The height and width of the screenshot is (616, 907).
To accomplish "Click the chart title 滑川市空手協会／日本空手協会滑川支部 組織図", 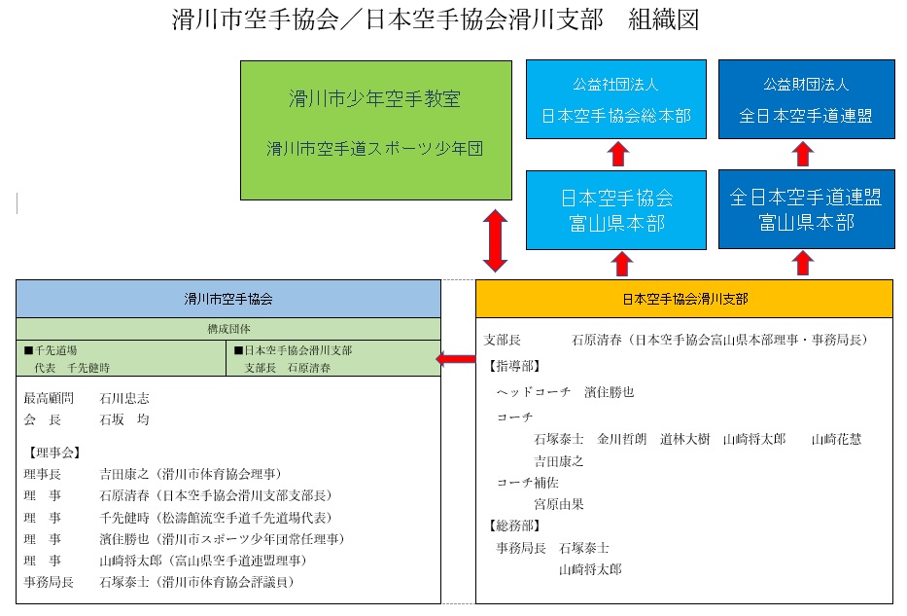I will [x=435, y=20].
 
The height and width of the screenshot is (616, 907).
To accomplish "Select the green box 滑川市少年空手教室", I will [x=376, y=130].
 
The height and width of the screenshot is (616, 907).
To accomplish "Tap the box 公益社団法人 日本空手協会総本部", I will [x=616, y=101].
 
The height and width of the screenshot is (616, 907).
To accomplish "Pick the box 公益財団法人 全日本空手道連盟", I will [x=806, y=101].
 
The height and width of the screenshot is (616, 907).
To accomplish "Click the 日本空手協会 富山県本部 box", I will [x=616, y=209].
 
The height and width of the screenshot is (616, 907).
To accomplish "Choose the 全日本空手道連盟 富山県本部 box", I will [x=806, y=209].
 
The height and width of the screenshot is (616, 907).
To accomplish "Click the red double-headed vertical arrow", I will [x=496, y=240].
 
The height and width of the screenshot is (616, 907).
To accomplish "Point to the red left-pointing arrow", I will [x=455, y=361].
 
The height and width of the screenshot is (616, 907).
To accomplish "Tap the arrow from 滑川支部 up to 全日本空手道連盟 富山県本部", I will [x=803, y=264].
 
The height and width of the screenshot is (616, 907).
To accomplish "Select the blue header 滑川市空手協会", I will [x=228, y=300].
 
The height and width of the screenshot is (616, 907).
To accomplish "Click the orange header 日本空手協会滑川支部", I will [x=684, y=299].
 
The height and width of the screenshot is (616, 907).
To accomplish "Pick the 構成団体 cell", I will [x=228, y=329].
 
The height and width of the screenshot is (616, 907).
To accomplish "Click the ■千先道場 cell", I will [x=121, y=358].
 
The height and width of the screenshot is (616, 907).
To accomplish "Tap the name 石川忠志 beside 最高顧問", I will [x=124, y=398].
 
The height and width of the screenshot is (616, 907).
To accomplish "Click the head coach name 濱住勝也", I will [x=609, y=392].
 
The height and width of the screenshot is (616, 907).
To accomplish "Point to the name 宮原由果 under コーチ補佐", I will [x=559, y=504].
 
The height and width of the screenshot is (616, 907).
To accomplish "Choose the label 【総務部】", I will [x=512, y=526].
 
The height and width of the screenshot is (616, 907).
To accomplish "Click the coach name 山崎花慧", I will [x=836, y=439].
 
